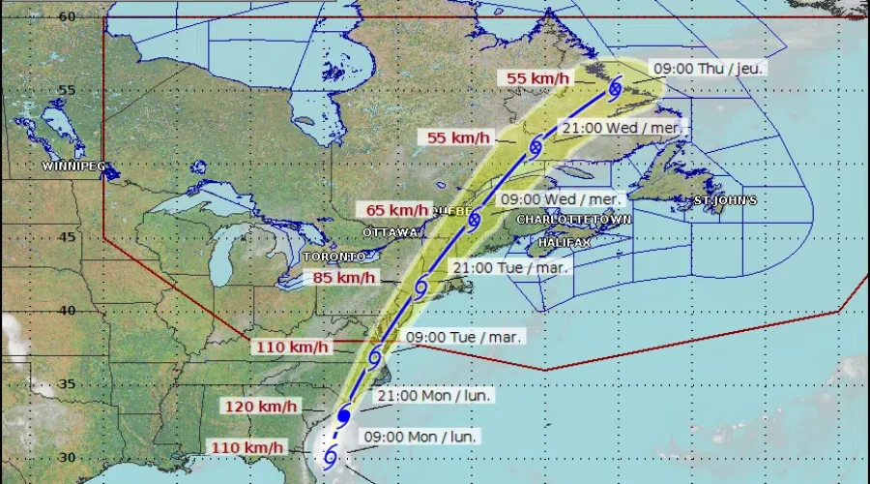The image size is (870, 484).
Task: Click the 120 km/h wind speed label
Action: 255,407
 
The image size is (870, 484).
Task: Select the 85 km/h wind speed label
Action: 344,278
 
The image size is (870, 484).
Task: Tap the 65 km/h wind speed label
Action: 396,210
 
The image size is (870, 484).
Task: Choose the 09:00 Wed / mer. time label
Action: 561,198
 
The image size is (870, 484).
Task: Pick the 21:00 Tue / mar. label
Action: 512,267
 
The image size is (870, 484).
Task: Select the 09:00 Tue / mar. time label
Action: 465,337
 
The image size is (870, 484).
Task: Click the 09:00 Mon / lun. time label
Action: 420,437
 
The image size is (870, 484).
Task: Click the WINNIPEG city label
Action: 73,166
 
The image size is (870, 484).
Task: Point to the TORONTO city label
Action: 334,257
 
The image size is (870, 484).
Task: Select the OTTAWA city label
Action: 392,233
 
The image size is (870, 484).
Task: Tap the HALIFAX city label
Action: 565,239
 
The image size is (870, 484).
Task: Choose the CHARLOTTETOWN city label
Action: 573,220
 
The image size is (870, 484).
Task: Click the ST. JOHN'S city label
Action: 725,200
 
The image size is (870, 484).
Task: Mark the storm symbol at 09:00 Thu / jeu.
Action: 615,89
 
